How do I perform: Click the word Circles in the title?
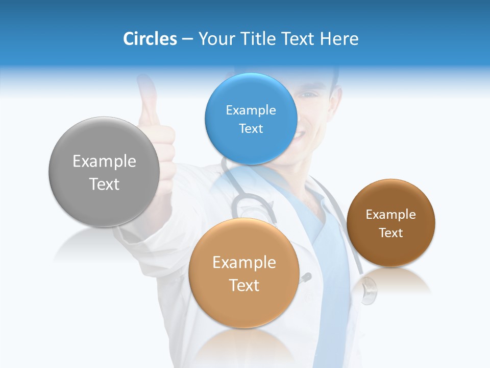(x=150, y=39)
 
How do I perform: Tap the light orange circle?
(x=244, y=307)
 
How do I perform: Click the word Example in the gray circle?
(x=104, y=162)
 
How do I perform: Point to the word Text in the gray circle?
(x=104, y=184)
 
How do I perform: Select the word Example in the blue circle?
(x=251, y=110)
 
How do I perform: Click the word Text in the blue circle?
(x=251, y=128)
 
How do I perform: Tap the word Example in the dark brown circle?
(x=390, y=215)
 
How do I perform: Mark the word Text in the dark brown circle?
(x=390, y=233)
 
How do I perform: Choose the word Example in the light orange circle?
(x=244, y=263)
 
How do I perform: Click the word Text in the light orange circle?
(x=244, y=285)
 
